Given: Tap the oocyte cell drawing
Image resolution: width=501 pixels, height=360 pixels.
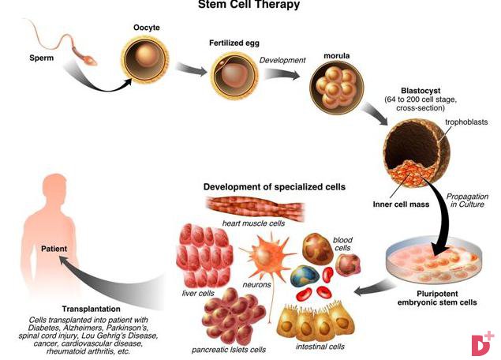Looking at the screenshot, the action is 145,59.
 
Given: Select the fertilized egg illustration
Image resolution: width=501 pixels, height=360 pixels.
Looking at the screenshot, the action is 234,75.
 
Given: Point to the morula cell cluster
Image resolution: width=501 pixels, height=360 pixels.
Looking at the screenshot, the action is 336,88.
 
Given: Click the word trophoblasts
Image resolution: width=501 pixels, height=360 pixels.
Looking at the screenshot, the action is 466,122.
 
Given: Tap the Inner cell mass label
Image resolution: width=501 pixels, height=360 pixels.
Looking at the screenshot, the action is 401,204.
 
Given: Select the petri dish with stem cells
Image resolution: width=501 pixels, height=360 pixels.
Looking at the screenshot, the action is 434,261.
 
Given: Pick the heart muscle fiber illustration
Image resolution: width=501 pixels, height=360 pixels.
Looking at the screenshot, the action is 255,208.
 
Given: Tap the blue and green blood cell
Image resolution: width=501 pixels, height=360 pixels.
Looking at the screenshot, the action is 305,276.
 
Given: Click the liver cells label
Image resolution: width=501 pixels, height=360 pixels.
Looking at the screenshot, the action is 198,293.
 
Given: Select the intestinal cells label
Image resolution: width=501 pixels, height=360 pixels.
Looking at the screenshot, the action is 320,347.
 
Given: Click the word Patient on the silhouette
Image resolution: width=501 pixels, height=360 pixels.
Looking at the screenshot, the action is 54,249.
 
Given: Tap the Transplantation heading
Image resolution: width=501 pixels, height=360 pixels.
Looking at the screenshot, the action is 91,309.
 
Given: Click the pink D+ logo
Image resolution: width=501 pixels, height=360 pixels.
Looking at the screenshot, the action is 483,343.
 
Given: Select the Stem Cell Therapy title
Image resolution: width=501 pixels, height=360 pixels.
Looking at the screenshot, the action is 249,5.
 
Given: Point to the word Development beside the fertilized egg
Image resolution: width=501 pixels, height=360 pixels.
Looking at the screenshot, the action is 282,61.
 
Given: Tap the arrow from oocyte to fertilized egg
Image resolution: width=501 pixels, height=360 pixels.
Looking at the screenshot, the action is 191,69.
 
